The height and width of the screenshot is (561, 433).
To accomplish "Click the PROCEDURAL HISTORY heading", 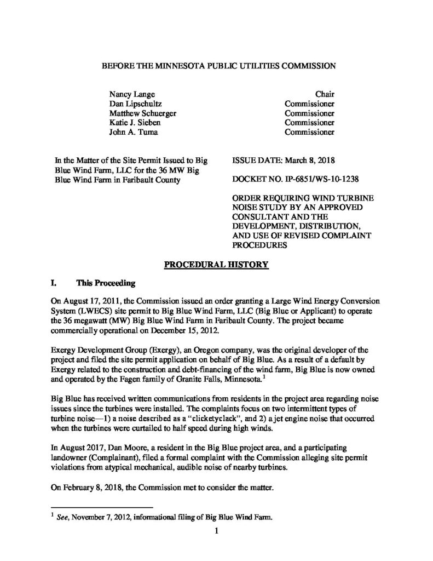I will tap(217, 266).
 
